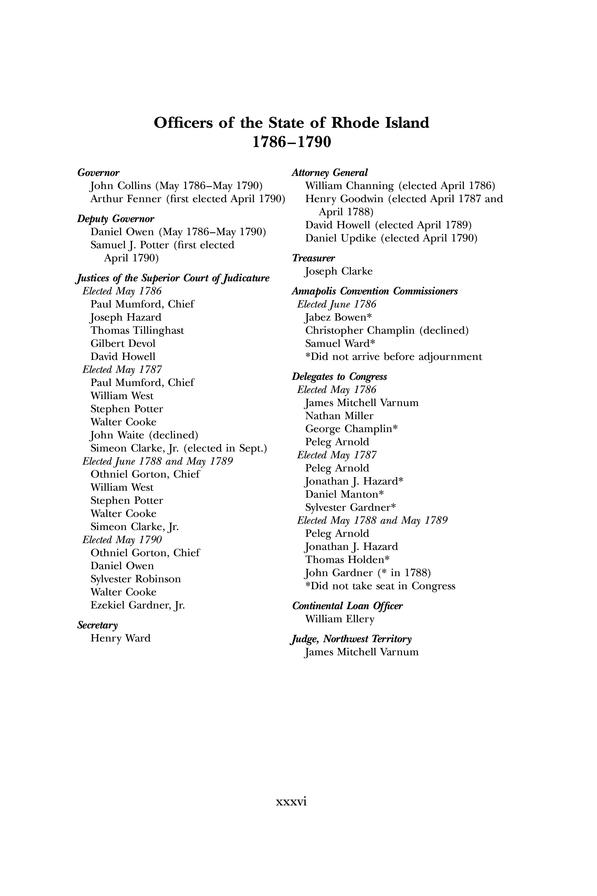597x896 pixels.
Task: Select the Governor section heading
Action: tap(98, 173)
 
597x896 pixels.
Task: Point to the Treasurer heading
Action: tap(313, 258)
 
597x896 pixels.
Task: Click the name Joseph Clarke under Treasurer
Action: tap(338, 271)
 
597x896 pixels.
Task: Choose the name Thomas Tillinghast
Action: tap(137, 330)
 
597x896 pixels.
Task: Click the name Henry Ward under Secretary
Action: tap(120, 638)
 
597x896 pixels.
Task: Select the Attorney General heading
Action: tap(330, 173)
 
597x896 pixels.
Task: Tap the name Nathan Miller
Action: tap(339, 416)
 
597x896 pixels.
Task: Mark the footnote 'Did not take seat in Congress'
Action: tap(380, 586)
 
